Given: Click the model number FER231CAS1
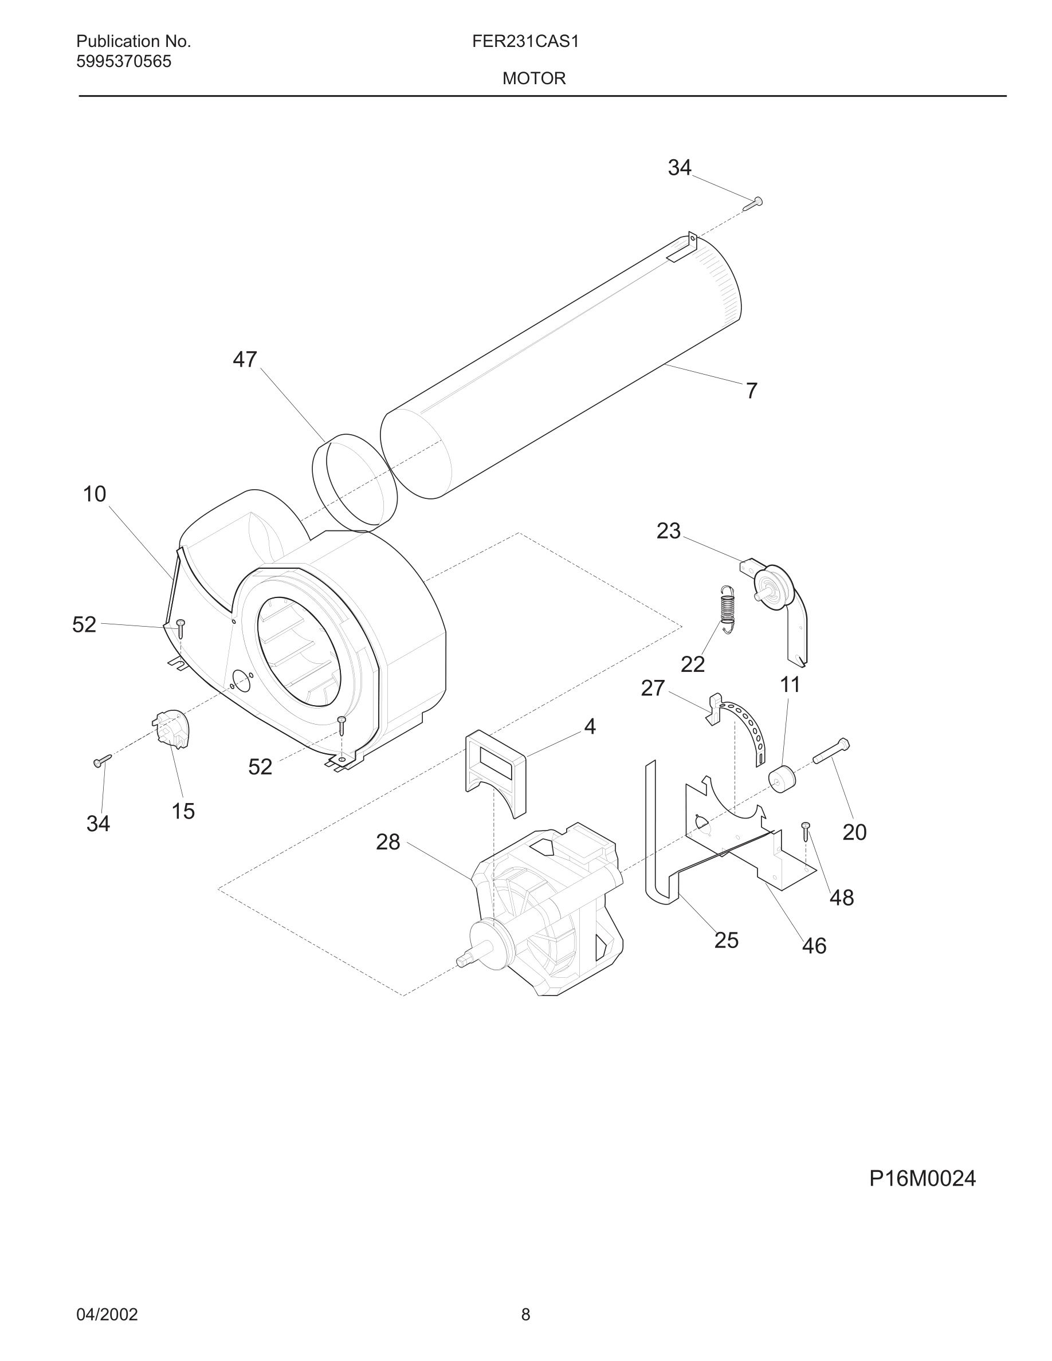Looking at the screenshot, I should (525, 42).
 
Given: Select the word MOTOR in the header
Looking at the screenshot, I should (533, 78).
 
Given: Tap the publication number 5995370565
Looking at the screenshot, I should (123, 62).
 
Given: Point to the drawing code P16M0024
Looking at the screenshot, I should (922, 1178).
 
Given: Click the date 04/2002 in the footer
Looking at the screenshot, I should (107, 1314).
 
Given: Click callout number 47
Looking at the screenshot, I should (244, 360).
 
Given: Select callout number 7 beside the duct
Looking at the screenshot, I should (752, 391).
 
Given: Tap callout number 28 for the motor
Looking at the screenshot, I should (388, 842).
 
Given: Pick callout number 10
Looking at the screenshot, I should (95, 494).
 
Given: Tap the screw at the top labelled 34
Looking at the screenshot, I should (753, 203).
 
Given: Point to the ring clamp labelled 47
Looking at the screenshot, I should (354, 483).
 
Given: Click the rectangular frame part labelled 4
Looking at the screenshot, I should (496, 772).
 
